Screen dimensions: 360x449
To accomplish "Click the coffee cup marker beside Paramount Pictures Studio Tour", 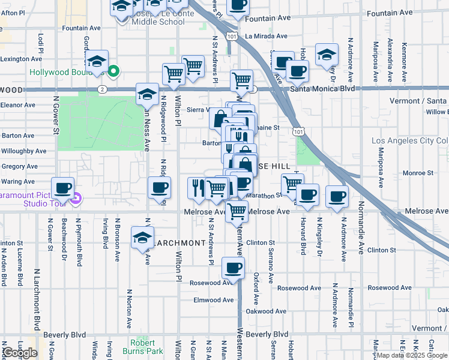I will click(62, 188).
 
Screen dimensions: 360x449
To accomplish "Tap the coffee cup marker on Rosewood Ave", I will click(233, 268).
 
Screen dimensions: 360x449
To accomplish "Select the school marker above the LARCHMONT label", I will click(142, 237).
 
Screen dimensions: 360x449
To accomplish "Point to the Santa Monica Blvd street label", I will click(322, 88).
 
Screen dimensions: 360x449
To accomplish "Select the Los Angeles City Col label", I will click(409, 141).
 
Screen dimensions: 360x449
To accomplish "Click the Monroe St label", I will click(418, 173).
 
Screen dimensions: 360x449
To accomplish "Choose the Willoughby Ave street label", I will click(24, 151).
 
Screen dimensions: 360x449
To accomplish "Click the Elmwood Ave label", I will click(213, 300).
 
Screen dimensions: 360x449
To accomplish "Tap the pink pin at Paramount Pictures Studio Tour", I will click(75, 199).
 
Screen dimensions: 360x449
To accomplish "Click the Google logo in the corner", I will click(20, 353).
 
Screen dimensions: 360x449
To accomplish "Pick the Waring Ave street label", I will click(19, 182).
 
